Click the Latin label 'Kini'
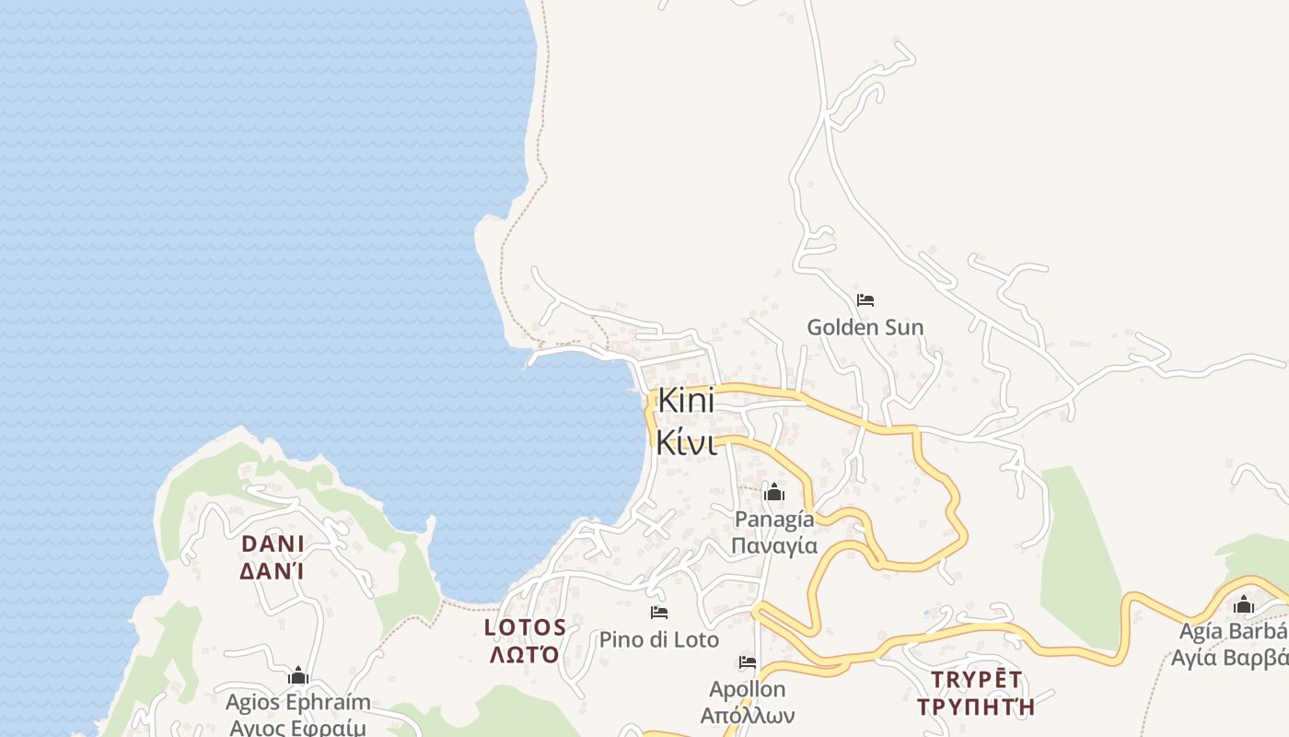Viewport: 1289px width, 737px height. click(686, 403)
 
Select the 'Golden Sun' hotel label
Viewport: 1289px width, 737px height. click(865, 327)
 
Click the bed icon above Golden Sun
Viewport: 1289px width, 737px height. click(865, 300)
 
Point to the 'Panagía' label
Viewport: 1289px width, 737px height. click(774, 520)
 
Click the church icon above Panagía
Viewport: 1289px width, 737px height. click(774, 493)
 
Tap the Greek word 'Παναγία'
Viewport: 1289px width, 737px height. click(774, 545)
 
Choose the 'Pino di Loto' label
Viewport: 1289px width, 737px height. click(658, 639)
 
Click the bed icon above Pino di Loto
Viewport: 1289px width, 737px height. click(658, 613)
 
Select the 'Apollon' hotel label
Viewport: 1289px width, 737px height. click(747, 689)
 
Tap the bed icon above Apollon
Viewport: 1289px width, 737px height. click(747, 662)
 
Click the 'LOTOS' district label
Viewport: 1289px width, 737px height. click(525, 628)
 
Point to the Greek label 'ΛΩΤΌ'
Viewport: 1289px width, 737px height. click(525, 655)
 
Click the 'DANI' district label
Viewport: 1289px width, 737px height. click(273, 544)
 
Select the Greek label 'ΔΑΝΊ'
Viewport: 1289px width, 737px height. click(273, 571)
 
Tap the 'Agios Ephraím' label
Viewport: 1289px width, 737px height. click(298, 702)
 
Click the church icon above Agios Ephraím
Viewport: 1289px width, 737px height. click(297, 676)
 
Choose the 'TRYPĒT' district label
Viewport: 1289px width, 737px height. click(976, 680)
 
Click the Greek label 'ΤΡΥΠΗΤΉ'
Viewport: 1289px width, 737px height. click(976, 707)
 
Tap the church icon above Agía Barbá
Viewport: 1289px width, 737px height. click(1244, 605)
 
